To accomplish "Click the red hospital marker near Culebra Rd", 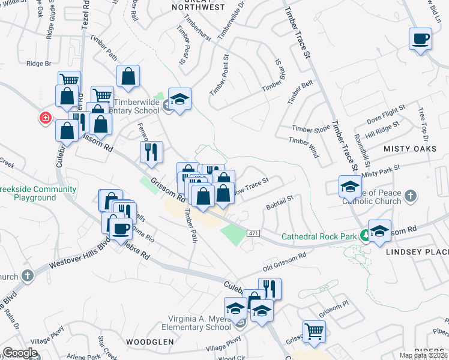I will [x=45, y=118].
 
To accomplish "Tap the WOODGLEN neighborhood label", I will [x=149, y=341].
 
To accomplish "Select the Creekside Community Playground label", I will [x=38, y=193].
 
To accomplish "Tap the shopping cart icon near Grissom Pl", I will [x=314, y=331].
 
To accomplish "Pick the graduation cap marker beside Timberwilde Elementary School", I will [x=179, y=99].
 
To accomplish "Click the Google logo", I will [x=20, y=353].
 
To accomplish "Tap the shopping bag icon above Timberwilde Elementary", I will [x=128, y=76].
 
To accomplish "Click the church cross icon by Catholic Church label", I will [x=410, y=196].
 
